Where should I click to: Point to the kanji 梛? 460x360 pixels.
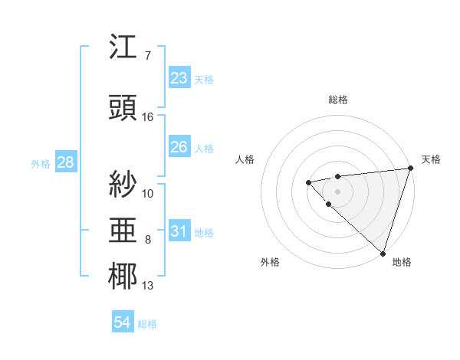tap(123, 277)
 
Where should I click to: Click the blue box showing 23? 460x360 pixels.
tap(179, 78)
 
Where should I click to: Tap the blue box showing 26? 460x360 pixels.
tap(179, 147)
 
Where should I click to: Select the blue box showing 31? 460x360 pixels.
tap(179, 231)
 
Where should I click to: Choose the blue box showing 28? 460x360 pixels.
tap(65, 162)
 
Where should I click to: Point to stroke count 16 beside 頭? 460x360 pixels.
tap(148, 117)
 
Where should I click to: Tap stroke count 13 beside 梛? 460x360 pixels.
tap(148, 286)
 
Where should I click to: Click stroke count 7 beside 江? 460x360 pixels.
tap(148, 56)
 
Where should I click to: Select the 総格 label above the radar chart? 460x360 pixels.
tap(337, 100)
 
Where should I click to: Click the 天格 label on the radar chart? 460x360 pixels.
tap(432, 159)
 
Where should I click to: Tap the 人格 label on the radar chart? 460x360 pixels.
tap(245, 159)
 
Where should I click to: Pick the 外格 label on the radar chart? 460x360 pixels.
tap(270, 262)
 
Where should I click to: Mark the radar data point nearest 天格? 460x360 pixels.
tap(410, 168)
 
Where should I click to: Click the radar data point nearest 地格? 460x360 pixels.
tap(383, 253)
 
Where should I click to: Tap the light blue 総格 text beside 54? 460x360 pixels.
tap(147, 324)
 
